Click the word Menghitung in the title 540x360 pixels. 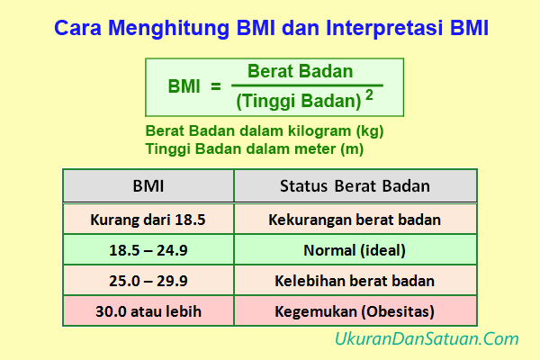(x=154, y=27)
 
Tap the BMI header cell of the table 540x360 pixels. (x=148, y=186)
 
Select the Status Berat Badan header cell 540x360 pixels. (x=355, y=186)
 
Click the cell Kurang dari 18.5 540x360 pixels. (x=148, y=219)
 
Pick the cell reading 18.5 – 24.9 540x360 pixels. (x=148, y=249)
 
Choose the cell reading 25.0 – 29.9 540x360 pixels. (x=148, y=281)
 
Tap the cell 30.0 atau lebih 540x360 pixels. (x=148, y=311)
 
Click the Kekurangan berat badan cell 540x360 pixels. (x=355, y=219)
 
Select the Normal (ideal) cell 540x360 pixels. (x=355, y=249)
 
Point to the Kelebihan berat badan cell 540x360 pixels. (x=355, y=281)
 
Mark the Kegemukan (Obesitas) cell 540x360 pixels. (x=355, y=311)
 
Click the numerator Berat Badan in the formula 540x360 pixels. (x=301, y=71)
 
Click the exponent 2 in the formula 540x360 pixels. (x=369, y=94)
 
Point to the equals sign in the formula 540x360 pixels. (x=215, y=86)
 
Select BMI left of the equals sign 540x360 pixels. (x=184, y=86)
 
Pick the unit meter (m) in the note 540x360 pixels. (x=330, y=148)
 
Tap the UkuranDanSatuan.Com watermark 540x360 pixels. (x=426, y=339)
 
